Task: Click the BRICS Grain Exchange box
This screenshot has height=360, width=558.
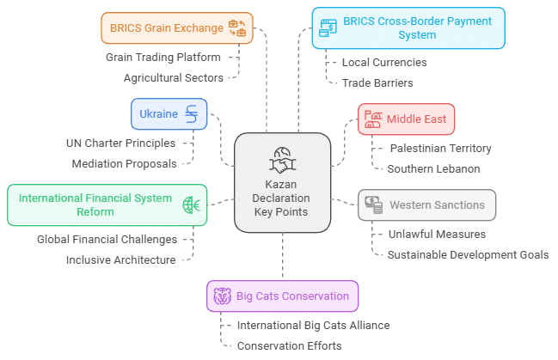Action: tap(176, 27)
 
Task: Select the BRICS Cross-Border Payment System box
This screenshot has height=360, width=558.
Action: tap(408, 28)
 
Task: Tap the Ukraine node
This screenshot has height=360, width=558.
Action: tap(169, 114)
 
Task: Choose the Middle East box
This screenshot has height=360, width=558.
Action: tap(406, 119)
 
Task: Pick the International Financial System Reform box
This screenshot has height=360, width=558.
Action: tap(107, 204)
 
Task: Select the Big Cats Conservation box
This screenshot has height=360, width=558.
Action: tap(282, 296)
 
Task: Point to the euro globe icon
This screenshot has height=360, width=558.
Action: tap(190, 204)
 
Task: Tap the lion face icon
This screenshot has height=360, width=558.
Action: tap(221, 297)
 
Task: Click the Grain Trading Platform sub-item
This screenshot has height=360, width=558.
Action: tap(163, 58)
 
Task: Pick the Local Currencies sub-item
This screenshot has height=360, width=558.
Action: tap(371, 63)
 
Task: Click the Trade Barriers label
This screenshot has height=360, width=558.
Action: tap(377, 82)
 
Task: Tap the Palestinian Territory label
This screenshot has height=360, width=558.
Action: tap(439, 148)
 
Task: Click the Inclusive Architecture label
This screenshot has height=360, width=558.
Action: tap(121, 259)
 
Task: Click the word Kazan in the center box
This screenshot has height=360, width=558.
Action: tap(282, 184)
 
